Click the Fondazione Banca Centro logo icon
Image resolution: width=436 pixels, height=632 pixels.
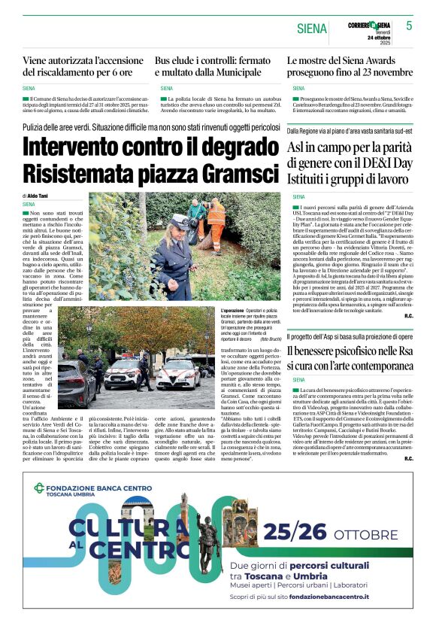click(x=40, y=488)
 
